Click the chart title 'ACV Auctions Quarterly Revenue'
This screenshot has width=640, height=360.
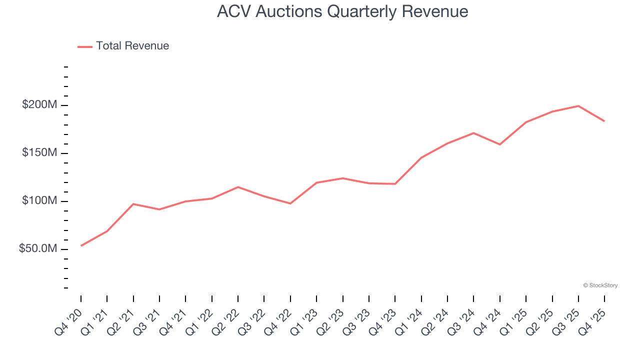pos(342,11)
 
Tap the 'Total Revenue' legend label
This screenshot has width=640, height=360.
pos(132,46)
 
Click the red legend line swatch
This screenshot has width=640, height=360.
pos(85,46)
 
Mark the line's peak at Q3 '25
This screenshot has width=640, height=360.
pos(578,106)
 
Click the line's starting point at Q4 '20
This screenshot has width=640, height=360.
pos(81,245)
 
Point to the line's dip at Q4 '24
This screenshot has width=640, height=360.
pos(500,144)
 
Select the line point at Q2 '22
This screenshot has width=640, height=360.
pos(238,187)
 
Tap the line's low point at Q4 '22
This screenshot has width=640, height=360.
pos(290,203)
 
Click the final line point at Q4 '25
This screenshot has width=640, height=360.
pos(604,121)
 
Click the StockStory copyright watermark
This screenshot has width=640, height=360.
pos(600,285)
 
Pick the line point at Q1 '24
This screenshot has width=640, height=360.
pos(421,157)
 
